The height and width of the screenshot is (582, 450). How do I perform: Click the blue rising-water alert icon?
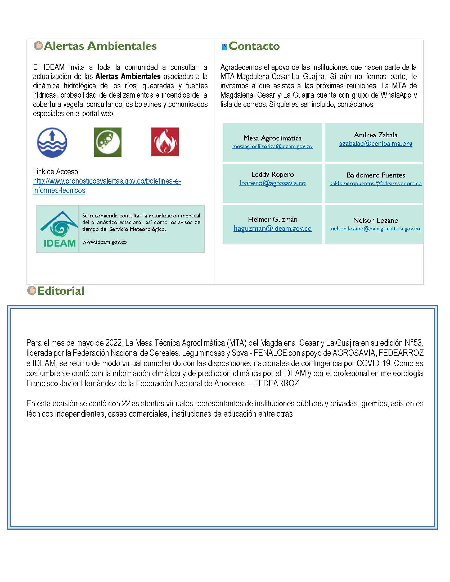tap(52, 142)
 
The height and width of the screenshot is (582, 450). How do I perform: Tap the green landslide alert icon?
tap(108, 142)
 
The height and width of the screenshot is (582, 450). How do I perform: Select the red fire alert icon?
tap(165, 142)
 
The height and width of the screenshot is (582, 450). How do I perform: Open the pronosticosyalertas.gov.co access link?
tap(107, 181)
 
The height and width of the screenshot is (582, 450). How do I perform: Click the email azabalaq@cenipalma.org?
tap(376, 144)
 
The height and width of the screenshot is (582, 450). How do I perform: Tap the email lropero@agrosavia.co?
tap(272, 183)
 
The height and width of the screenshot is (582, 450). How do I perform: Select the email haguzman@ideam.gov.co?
tap(272, 228)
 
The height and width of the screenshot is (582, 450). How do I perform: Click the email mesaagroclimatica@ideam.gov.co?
tap(272, 147)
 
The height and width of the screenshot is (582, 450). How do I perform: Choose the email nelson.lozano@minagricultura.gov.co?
tap(375, 229)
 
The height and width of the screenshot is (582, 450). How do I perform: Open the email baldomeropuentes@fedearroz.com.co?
tap(375, 183)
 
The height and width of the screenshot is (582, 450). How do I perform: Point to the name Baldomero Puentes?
tap(376, 175)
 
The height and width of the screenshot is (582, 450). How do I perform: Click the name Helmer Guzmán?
tap(272, 219)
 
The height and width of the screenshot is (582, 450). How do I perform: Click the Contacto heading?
tap(254, 46)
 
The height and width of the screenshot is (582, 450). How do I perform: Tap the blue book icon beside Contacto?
tap(224, 47)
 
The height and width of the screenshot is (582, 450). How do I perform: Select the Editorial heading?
tap(61, 291)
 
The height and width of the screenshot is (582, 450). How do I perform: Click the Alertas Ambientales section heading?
tap(100, 46)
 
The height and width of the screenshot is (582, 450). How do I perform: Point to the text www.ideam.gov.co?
tap(104, 242)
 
